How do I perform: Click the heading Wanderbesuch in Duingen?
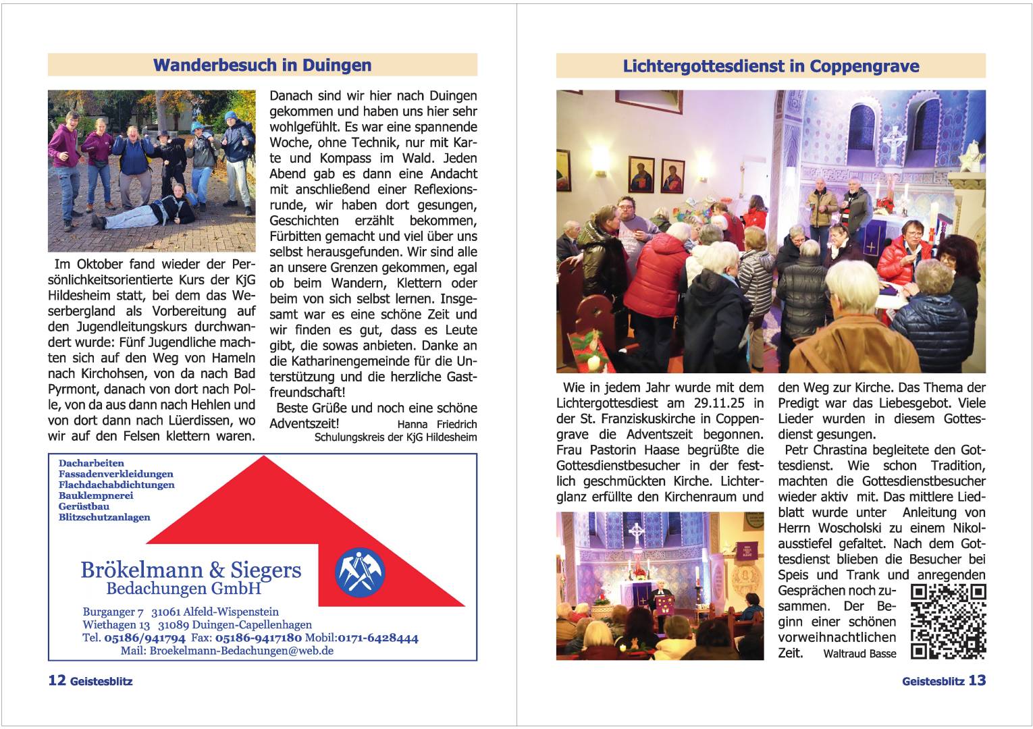pyautogui.click(x=262, y=65)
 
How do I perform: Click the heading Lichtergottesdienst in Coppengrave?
pyautogui.click(x=770, y=67)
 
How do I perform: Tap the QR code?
pyautogui.click(x=948, y=622)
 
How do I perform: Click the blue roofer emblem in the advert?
pyautogui.click(x=359, y=572)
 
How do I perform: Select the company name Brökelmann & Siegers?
pyautogui.click(x=190, y=570)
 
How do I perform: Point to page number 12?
pyautogui.click(x=56, y=680)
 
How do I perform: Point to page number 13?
pyautogui.click(x=977, y=680)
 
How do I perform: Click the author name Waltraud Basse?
pyautogui.click(x=859, y=653)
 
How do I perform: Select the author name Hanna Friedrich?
pyautogui.click(x=437, y=425)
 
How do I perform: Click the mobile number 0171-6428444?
pyautogui.click(x=377, y=638)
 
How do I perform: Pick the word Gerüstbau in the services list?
pyautogui.click(x=84, y=506)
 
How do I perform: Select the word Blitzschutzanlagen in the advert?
pyautogui.click(x=105, y=517)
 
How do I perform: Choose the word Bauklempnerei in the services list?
pyautogui.click(x=96, y=495)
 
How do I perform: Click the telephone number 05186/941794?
pyautogui.click(x=143, y=638)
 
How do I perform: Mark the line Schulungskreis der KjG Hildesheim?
pyautogui.click(x=396, y=437)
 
